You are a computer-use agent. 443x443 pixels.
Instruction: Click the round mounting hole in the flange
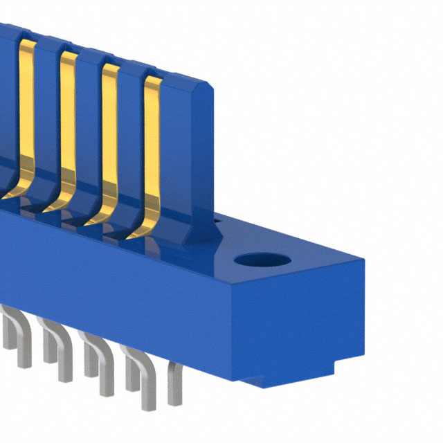click(x=261, y=261)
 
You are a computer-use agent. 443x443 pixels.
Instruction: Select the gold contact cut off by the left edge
click(x=25, y=111)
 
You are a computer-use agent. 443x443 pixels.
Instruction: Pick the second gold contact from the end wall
click(x=109, y=138)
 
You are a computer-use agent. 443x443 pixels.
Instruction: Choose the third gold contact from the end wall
click(x=67, y=125)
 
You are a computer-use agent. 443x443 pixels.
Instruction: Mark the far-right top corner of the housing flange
click(x=362, y=258)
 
